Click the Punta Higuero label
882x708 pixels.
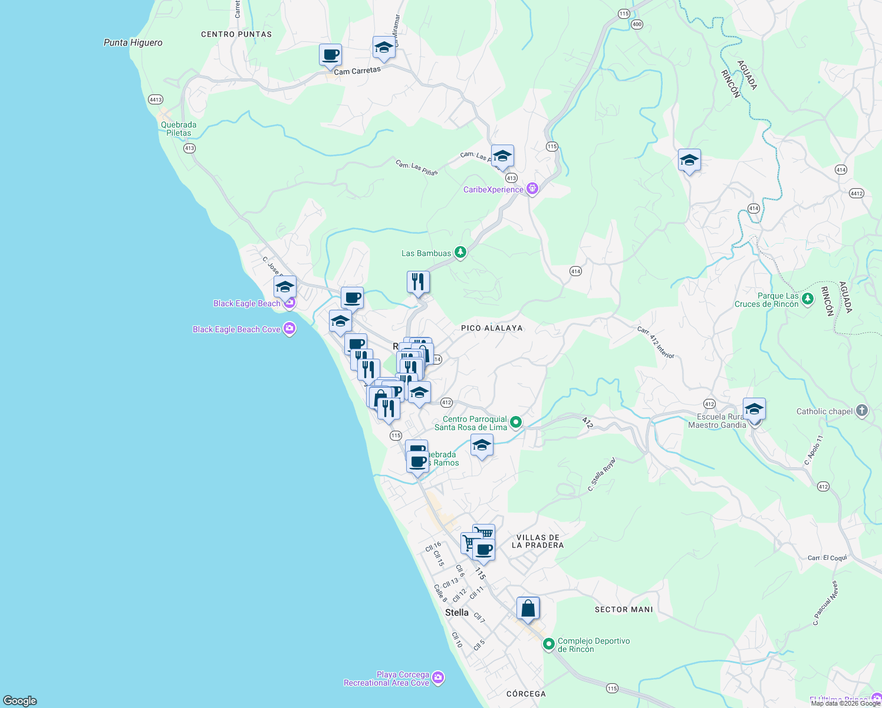point(133,42)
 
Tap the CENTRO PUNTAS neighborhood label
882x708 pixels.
point(236,34)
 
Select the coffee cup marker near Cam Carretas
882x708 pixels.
point(330,55)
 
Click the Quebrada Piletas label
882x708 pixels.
point(179,129)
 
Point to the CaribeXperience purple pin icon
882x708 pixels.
point(532,189)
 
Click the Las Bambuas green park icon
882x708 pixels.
point(460,253)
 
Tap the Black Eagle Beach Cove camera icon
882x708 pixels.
point(289,329)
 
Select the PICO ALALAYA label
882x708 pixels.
point(492,328)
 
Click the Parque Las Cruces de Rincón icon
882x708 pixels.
point(808,299)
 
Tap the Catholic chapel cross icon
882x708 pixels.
point(862,411)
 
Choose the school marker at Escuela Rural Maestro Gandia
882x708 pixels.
point(754,409)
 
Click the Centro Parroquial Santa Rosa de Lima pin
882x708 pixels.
point(516,422)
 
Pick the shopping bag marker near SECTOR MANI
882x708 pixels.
point(528,608)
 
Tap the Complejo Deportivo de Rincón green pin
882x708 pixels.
point(549,644)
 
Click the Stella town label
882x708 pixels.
point(456,612)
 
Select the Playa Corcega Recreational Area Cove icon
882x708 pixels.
point(438,678)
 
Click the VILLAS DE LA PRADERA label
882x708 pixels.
point(538,541)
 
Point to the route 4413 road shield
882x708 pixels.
point(156,100)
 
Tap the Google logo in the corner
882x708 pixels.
point(20,700)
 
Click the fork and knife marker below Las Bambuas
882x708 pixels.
point(418,282)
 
